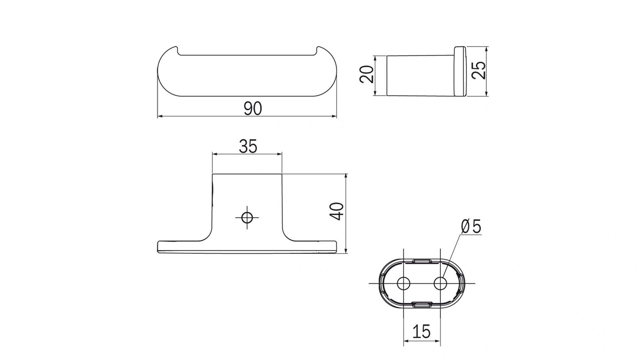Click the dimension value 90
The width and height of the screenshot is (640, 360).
pos(252,108)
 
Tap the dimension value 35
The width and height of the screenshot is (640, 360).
pos(248,146)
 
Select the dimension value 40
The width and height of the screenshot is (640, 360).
pos(337,211)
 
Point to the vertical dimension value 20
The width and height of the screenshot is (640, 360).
pos(367,74)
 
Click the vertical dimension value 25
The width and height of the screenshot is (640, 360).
pos(478,70)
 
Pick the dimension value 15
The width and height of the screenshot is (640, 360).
pos(421,331)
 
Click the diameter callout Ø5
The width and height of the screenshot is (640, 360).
pos(471,227)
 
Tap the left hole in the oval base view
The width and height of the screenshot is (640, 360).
pos(403,283)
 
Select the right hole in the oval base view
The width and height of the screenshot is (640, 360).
pos(440,283)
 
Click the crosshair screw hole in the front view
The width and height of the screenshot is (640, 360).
pos(247,217)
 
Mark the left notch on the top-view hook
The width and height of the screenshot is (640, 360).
pos(179,50)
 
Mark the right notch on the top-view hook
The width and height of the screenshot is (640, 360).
pos(316,50)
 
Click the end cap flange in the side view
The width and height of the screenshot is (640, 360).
pos(459,71)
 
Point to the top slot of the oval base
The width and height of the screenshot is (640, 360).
pos(422,261)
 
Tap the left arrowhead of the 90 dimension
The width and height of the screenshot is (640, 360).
pos(160,116)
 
